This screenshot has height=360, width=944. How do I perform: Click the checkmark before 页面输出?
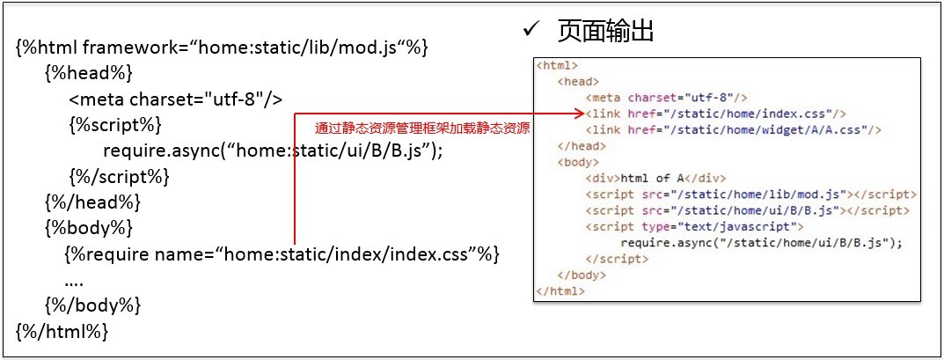531,31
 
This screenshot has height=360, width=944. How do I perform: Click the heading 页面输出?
604,32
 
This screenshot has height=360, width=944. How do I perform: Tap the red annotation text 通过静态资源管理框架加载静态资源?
422,129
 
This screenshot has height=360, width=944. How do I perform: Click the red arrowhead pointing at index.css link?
579,114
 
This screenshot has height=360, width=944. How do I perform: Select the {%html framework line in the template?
222,48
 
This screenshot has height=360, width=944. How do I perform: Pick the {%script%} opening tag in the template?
114,125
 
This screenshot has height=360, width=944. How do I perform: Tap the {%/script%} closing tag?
119,177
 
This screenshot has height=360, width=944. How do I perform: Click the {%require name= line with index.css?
282,254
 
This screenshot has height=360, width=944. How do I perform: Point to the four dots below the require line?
74,281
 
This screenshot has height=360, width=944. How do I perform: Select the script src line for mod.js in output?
750,194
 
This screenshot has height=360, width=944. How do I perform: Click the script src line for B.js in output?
747,210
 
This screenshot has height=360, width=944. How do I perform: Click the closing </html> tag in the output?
560,291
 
